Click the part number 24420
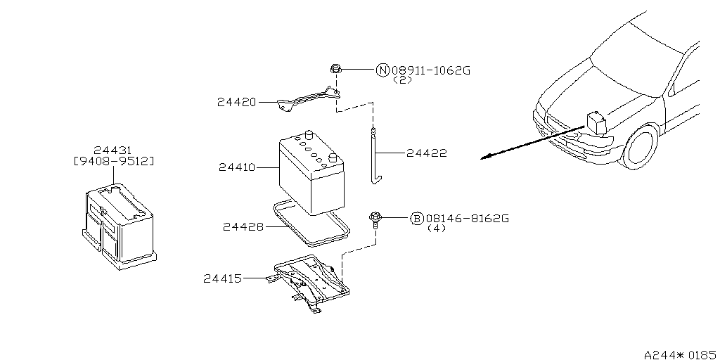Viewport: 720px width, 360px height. [x=236, y=103]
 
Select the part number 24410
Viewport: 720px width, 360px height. [x=236, y=168]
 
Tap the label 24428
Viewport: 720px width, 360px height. [x=243, y=226]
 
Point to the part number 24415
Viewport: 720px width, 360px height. [x=222, y=279]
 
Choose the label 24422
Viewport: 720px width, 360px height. [x=426, y=153]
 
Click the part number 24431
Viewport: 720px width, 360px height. [x=114, y=150]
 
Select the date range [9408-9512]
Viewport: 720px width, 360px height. [x=114, y=161]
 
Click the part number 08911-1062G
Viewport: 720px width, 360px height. [x=430, y=70]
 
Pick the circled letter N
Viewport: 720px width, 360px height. [x=382, y=70]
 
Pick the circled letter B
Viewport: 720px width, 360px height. [x=416, y=219]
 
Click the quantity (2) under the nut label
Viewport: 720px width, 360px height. [x=403, y=80]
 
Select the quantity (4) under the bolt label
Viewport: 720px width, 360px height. [x=437, y=229]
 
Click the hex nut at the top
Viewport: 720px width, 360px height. [x=335, y=70]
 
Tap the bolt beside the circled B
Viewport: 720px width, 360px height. [x=376, y=220]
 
